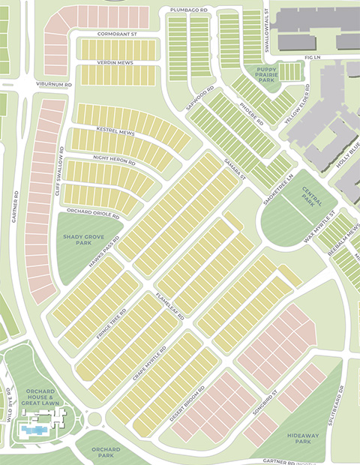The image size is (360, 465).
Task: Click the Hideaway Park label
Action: (x=303, y=438)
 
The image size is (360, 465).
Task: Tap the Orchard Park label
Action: (x=106, y=452)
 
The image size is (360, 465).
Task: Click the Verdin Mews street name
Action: (x=115, y=62)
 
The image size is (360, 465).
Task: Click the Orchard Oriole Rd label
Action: (x=94, y=213)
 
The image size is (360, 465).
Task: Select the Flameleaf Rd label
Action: (x=169, y=305)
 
